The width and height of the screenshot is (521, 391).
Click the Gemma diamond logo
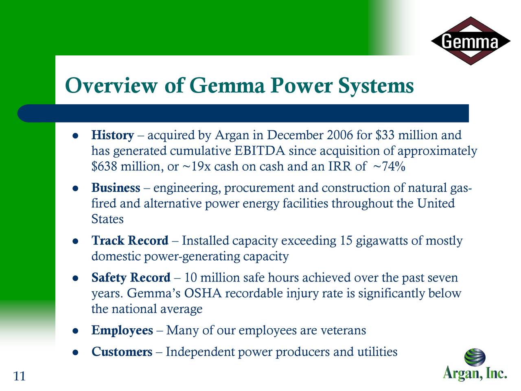470,41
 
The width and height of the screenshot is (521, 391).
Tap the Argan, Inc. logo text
474,373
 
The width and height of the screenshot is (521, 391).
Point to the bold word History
113,135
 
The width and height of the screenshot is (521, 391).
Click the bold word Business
116,188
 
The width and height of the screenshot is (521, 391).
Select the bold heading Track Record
130,241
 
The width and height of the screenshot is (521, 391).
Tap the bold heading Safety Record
131,278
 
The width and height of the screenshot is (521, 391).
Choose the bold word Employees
122,330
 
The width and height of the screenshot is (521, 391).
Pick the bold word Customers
122,351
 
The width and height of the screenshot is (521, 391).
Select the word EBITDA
260,151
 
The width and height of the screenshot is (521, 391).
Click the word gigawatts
381,241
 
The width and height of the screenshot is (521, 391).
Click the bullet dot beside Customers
75,352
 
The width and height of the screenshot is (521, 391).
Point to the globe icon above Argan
475,357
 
